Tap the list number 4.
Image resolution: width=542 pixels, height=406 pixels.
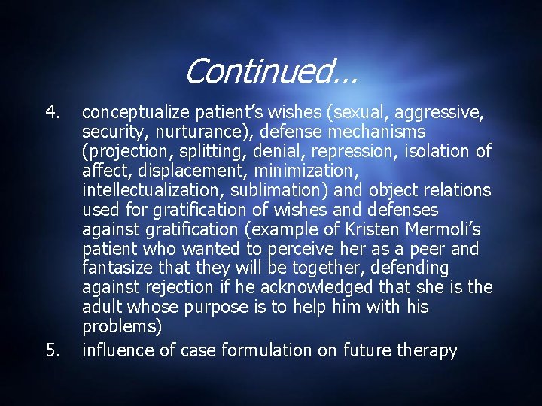tap(52, 112)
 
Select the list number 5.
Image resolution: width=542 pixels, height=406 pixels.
tap(52, 350)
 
